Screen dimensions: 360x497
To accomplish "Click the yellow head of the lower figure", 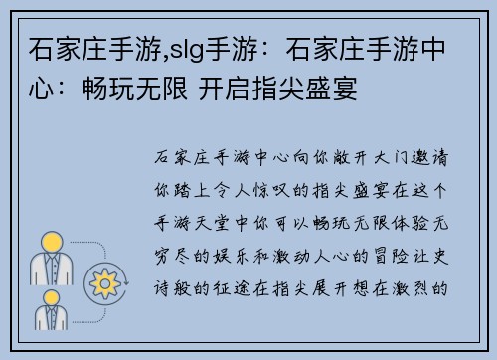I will tap(51, 294).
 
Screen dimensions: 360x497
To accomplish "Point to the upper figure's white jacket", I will tap(51, 268).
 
